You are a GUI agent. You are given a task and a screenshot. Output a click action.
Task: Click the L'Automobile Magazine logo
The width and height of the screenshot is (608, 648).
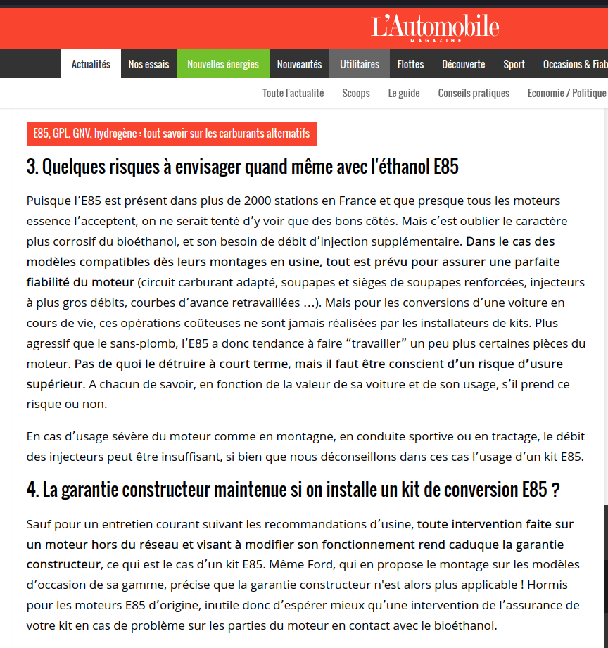pyautogui.click(x=435, y=27)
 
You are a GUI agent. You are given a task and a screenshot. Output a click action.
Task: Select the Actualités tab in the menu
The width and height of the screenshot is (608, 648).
pyautogui.click(x=91, y=64)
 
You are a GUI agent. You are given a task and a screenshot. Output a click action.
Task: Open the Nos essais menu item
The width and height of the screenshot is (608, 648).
pyautogui.click(x=148, y=64)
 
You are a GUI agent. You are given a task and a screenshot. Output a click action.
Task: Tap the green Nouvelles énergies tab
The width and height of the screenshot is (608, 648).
pyautogui.click(x=223, y=64)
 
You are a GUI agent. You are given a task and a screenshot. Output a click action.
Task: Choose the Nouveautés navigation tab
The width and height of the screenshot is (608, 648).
pyautogui.click(x=299, y=64)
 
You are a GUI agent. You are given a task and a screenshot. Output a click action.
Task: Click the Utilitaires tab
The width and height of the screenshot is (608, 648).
pyautogui.click(x=360, y=64)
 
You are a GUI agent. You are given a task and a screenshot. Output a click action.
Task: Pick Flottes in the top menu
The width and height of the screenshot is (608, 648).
pyautogui.click(x=410, y=64)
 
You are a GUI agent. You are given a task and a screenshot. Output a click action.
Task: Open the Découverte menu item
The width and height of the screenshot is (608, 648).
pyautogui.click(x=463, y=64)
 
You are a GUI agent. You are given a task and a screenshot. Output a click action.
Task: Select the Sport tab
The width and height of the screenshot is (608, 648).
pyautogui.click(x=514, y=64)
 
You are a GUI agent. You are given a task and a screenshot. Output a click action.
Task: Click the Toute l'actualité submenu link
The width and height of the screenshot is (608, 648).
pyautogui.click(x=293, y=93)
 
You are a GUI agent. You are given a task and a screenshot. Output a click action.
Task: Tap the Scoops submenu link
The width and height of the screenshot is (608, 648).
pyautogui.click(x=356, y=93)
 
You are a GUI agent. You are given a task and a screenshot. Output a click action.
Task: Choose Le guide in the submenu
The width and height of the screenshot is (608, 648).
pyautogui.click(x=404, y=93)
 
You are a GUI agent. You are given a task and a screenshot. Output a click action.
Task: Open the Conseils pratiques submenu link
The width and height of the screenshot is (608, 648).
pyautogui.click(x=474, y=93)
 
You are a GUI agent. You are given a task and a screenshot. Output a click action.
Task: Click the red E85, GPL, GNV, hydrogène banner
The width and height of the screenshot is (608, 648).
pyautogui.click(x=172, y=134)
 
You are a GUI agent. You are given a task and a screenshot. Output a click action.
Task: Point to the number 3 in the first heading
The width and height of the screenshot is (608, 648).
pyautogui.click(x=31, y=167)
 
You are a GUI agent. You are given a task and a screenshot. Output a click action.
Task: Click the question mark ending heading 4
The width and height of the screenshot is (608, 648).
pyautogui.click(x=555, y=490)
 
